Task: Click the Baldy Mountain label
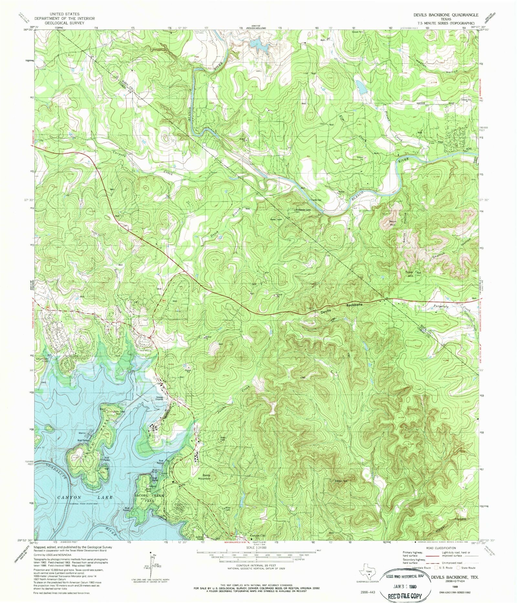click(206, 477)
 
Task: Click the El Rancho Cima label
click(303, 210)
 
